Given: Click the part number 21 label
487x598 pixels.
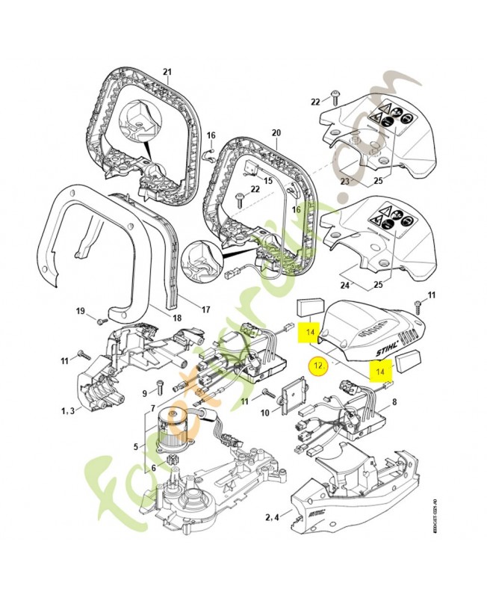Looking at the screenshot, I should (x=167, y=73).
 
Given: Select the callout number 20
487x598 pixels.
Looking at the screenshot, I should (x=276, y=133).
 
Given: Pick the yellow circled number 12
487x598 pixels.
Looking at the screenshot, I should (x=318, y=366).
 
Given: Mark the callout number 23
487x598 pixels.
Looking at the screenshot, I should (x=345, y=179).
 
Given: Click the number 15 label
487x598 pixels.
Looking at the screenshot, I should (x=267, y=182).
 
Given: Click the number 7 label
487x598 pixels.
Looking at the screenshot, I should (x=153, y=408).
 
